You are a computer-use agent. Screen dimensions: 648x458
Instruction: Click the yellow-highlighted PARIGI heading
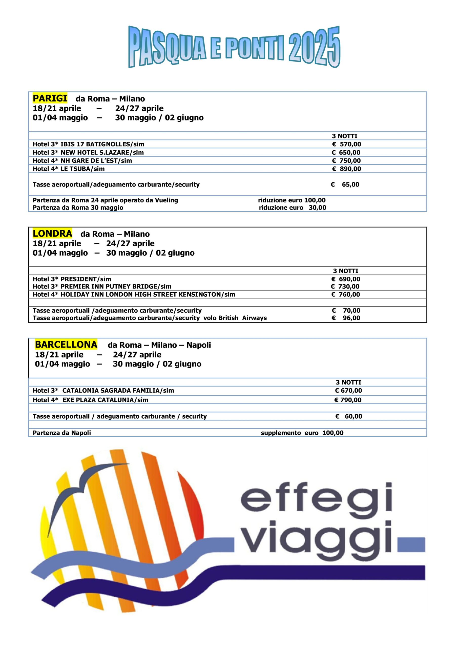[x=50, y=98]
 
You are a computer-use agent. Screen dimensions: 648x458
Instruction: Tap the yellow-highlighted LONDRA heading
[x=52, y=233]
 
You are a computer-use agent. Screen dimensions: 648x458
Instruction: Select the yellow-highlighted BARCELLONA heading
[x=66, y=345]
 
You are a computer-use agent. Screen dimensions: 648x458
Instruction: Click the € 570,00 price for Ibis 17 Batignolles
[x=346, y=144]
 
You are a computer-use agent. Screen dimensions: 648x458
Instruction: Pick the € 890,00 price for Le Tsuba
[x=346, y=169]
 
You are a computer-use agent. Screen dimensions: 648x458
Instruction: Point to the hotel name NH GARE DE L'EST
[x=91, y=160]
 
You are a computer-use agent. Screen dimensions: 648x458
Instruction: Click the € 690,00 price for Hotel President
[x=346, y=279]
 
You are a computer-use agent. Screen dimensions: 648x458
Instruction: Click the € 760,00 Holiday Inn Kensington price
[x=346, y=294]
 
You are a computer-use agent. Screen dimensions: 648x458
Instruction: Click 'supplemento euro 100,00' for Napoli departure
[x=302, y=433]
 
